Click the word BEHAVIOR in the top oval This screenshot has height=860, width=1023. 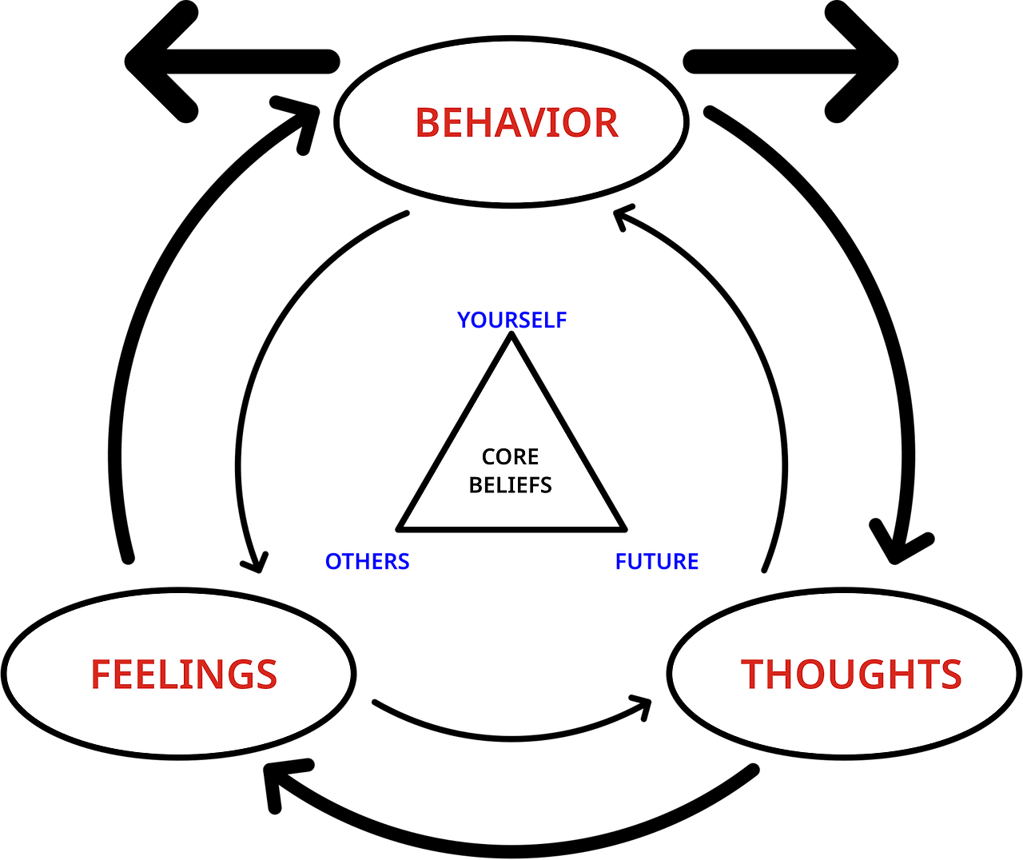click(516, 123)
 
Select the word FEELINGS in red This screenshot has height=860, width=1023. click(184, 675)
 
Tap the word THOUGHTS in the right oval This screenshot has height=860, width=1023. click(851, 675)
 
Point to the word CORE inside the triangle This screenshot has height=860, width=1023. click(510, 456)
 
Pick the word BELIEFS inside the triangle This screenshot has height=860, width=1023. click(510, 485)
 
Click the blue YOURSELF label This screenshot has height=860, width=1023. click(511, 320)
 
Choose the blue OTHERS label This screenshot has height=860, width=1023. click(367, 562)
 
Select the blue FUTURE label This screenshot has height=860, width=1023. click(657, 562)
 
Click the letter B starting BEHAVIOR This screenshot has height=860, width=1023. click(428, 123)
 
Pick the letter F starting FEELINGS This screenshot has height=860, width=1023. click(101, 675)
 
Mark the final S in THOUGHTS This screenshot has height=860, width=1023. click(949, 675)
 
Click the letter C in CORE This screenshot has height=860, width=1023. click(489, 456)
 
